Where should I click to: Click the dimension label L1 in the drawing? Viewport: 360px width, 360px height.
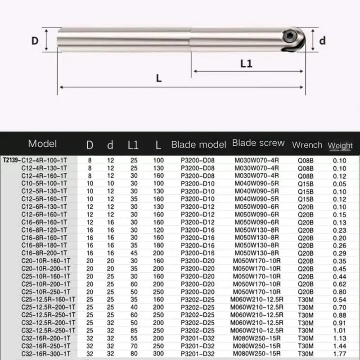coord(246,63)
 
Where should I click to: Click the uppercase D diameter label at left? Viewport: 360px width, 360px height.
coord(35,40)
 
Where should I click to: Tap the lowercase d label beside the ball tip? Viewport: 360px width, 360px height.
coord(322,40)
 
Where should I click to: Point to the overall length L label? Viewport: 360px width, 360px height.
coord(158,78)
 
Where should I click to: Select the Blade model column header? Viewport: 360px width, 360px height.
coord(198,144)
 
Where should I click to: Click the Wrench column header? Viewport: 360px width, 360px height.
coord(307,145)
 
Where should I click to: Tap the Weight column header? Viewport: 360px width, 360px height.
coord(340,145)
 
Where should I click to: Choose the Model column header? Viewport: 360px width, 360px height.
coord(42,144)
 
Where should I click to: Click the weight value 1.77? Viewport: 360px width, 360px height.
coord(340,354)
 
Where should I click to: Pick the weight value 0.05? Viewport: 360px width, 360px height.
coord(340,182)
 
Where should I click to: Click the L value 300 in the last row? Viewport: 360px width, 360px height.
coord(158,354)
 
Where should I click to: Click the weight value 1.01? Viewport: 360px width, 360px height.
coord(340,330)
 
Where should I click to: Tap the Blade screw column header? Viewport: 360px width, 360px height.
coord(258,143)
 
